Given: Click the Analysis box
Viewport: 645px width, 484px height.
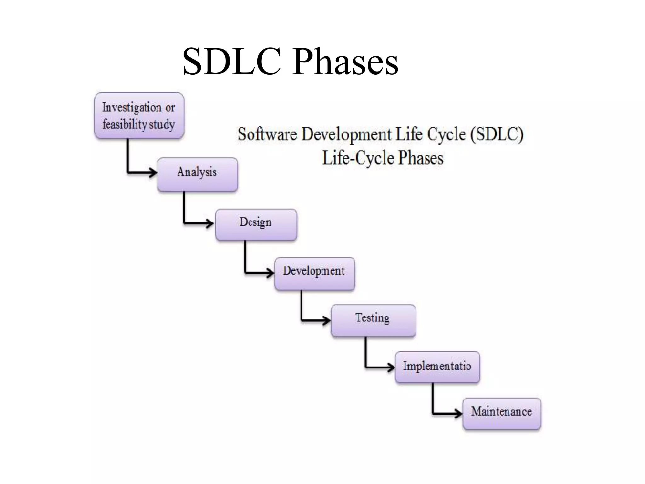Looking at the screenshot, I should (197, 174).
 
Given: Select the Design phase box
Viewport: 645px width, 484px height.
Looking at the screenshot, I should (256, 224).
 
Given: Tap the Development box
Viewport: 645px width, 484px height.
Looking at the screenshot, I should (314, 273).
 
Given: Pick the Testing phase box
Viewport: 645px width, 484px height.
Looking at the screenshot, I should (373, 320).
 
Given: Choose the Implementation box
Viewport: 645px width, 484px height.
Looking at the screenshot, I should (437, 367).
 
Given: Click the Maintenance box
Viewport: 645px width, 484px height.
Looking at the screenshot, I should (502, 413).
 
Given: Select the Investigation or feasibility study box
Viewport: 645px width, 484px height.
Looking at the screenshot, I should (139, 115).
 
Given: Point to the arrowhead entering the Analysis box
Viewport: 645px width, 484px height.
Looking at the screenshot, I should (153, 172).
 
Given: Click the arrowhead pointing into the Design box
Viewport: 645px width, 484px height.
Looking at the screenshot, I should (210, 223).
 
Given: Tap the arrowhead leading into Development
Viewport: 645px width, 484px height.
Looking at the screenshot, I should (270, 273).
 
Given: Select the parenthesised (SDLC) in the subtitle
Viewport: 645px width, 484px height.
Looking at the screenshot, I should (497, 135).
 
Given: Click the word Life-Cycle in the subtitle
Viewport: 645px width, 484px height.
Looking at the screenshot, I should (358, 158).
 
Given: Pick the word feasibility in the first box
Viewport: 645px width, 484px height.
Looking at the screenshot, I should (125, 124).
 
